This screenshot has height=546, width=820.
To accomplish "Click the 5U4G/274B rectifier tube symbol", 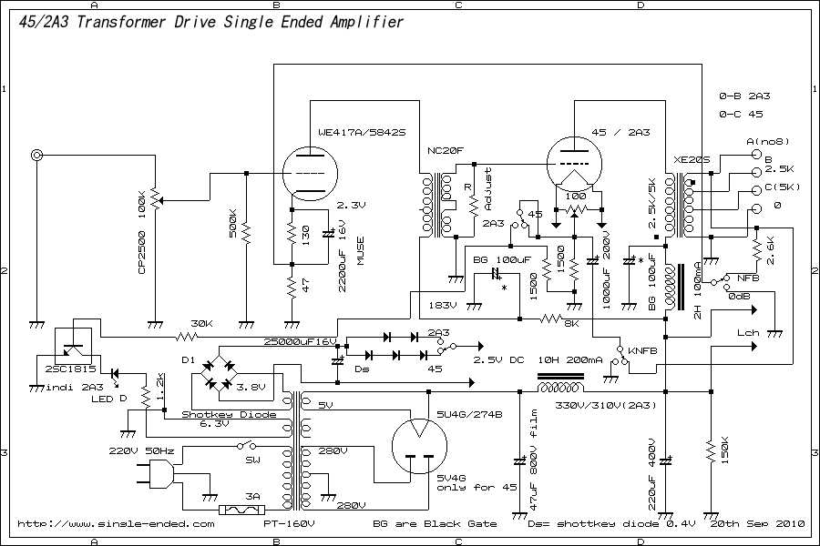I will (x=418, y=446).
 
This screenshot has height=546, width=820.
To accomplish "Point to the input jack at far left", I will (x=37, y=156).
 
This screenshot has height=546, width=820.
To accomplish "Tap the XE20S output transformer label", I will (x=692, y=159).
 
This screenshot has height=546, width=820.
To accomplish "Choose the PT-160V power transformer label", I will (x=291, y=523).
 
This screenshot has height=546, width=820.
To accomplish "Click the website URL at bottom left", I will (x=117, y=523).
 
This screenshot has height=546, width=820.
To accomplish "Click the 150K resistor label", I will (x=725, y=452).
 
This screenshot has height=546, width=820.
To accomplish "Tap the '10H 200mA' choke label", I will (x=571, y=359).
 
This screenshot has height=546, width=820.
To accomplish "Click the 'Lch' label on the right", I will (x=748, y=334).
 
